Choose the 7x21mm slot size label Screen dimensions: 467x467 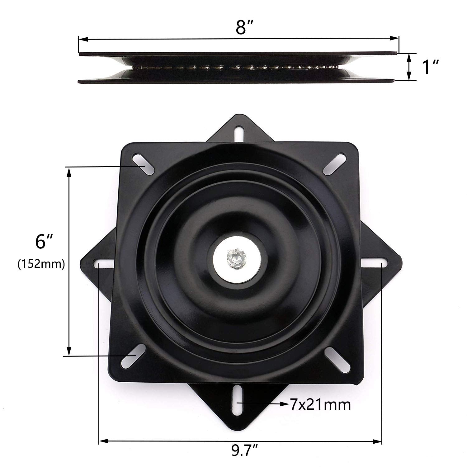[x=320, y=405]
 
